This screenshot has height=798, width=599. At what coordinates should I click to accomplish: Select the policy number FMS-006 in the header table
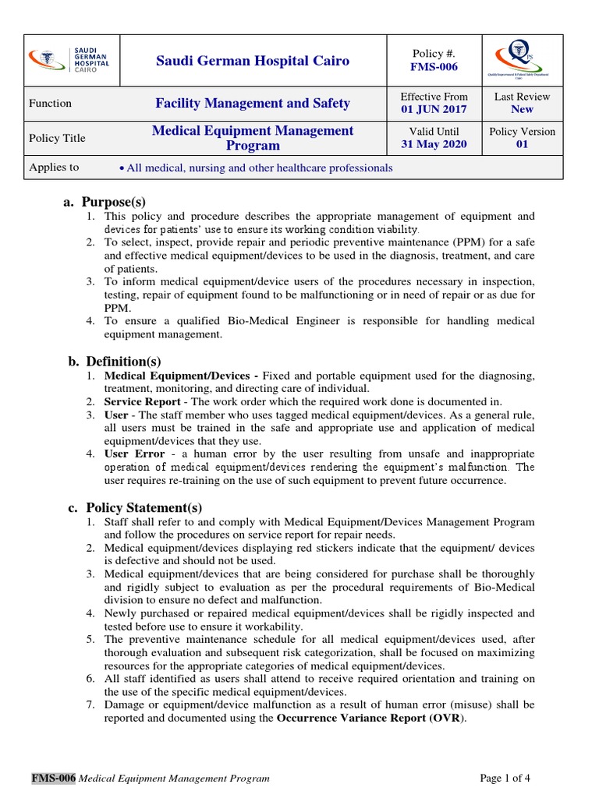click(x=434, y=67)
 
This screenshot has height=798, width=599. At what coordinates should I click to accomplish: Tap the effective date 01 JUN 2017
click(x=434, y=110)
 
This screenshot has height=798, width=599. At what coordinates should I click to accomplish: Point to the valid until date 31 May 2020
click(x=434, y=145)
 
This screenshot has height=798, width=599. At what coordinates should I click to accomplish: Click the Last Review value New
click(x=522, y=110)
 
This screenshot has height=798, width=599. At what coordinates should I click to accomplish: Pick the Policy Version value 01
click(x=522, y=145)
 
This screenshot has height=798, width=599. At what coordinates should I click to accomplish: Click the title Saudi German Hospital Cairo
click(x=253, y=61)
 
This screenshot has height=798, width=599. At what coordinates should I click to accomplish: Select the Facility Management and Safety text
click(x=253, y=103)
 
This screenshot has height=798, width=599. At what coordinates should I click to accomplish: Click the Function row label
click(x=50, y=103)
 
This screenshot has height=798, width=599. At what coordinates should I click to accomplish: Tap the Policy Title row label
click(x=57, y=138)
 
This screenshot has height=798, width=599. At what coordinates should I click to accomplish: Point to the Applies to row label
click(x=54, y=168)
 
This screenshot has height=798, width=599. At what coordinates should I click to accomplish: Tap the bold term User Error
click(x=135, y=454)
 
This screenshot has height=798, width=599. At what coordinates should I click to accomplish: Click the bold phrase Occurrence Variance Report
click(x=349, y=718)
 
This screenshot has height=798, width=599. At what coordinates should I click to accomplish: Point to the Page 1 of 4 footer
click(x=505, y=778)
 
